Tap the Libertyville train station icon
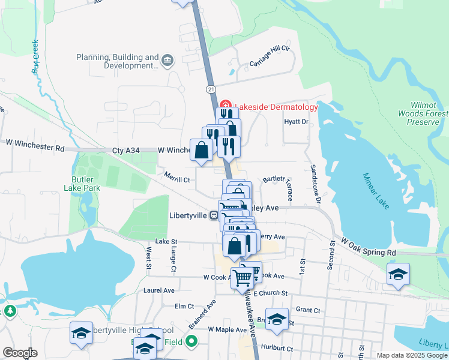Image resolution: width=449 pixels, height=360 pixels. [x=214, y=215]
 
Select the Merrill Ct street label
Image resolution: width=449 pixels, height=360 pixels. [x=176, y=179]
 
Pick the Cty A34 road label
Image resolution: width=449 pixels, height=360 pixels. [x=125, y=151]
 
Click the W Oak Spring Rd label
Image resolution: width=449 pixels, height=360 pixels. [x=369, y=244]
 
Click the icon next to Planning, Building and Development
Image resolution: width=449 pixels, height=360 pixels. [x=167, y=60]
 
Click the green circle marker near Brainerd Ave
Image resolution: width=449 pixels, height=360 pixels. [x=191, y=342]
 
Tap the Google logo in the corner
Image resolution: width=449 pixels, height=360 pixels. [x=20, y=353]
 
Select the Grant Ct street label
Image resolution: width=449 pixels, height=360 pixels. [x=308, y=310]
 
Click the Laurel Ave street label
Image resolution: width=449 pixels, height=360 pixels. [x=158, y=290]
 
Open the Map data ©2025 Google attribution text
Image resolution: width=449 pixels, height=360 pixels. [x=412, y=355]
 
